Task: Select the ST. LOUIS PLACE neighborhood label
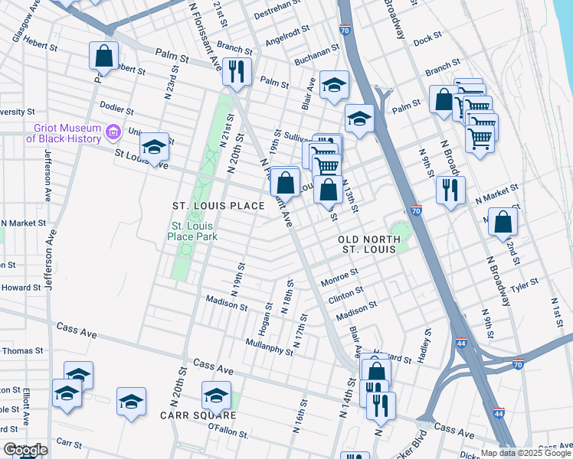coord(218,206)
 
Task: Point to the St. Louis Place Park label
coord(193,231)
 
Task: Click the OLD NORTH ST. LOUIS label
coord(368,244)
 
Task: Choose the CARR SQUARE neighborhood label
coord(198,415)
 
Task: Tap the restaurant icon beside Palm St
coord(237,71)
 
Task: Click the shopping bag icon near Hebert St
coord(104,56)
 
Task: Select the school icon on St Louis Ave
coord(154,147)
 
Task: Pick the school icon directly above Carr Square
coord(215,396)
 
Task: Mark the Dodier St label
coord(117,106)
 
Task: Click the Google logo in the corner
coord(25,450)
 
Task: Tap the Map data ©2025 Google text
coord(526,453)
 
